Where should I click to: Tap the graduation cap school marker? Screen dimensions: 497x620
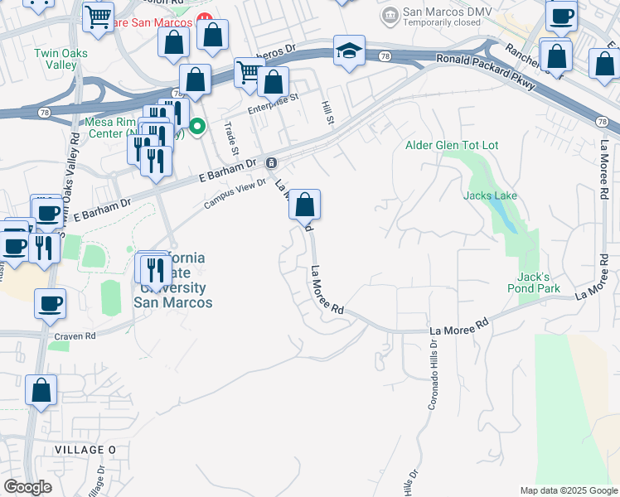350,51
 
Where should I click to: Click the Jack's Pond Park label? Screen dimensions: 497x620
535,282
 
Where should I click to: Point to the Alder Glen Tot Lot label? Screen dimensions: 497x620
452,145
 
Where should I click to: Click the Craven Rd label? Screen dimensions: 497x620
75,336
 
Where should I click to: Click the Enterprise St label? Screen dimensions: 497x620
273,104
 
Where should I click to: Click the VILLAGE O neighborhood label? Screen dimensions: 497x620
85,449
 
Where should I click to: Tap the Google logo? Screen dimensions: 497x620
27,487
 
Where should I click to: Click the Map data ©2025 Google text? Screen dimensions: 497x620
568,490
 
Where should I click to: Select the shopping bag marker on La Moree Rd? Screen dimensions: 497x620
305,205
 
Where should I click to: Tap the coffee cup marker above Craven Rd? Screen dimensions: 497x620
50,303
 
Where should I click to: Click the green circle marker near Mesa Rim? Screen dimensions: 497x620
197,127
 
